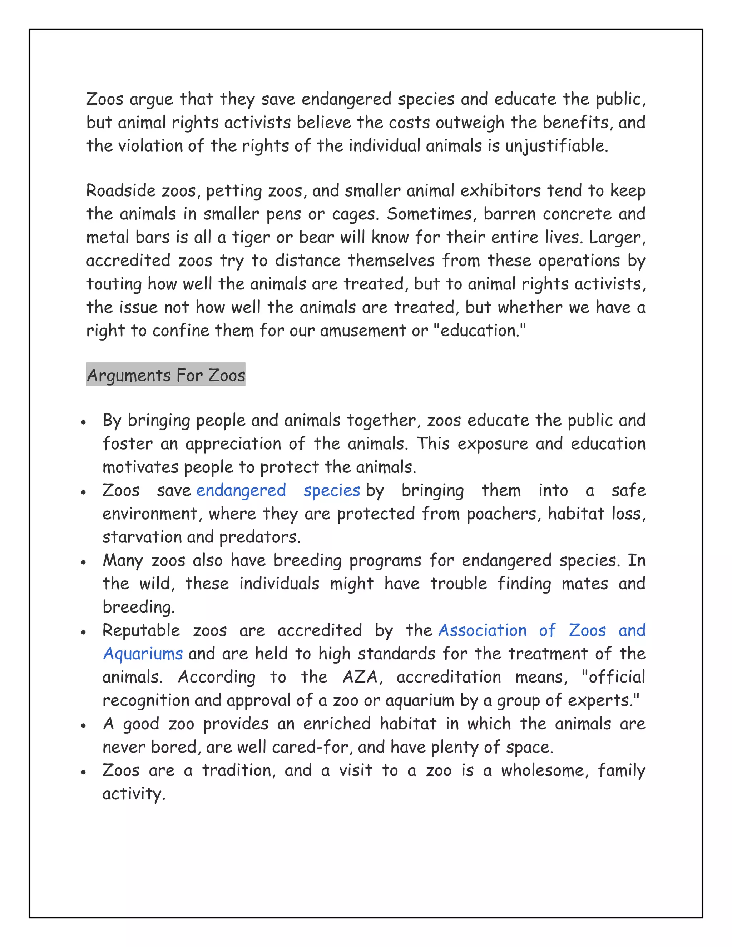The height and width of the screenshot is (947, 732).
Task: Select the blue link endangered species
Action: tap(278, 490)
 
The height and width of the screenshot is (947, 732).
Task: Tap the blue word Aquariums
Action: tap(143, 654)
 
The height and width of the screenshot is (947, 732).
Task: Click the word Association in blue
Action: tap(482, 630)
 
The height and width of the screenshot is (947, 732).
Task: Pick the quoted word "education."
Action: tap(480, 331)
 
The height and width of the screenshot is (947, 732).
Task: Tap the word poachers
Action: tap(504, 514)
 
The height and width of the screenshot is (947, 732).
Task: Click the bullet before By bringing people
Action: tap(83, 422)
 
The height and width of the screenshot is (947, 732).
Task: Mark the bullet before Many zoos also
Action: tap(83, 562)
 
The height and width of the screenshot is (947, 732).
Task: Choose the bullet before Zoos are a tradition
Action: tap(83, 772)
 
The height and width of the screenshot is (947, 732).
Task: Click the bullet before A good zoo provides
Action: tap(83, 725)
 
